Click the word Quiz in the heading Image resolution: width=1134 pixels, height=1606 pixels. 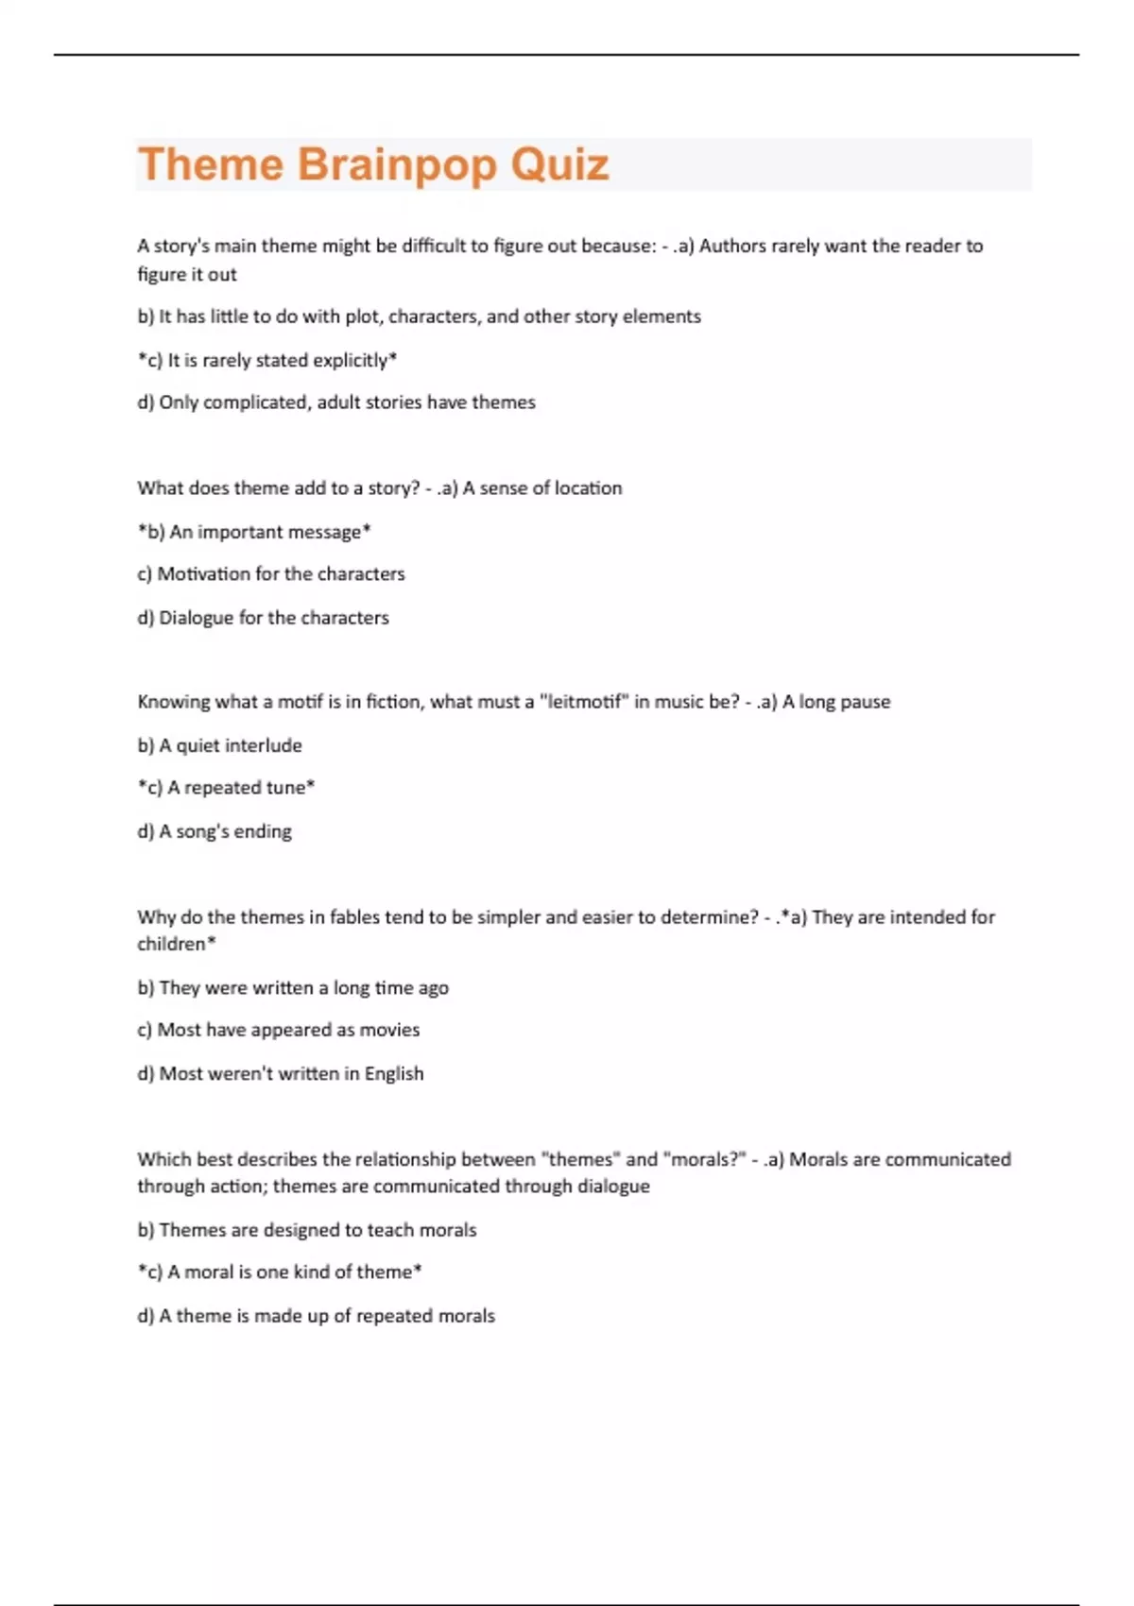pos(559,164)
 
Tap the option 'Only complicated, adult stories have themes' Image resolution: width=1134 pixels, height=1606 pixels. pos(336,402)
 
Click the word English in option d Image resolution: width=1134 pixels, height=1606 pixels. pos(394,1074)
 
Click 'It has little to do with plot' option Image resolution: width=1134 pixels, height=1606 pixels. pos(420,316)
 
